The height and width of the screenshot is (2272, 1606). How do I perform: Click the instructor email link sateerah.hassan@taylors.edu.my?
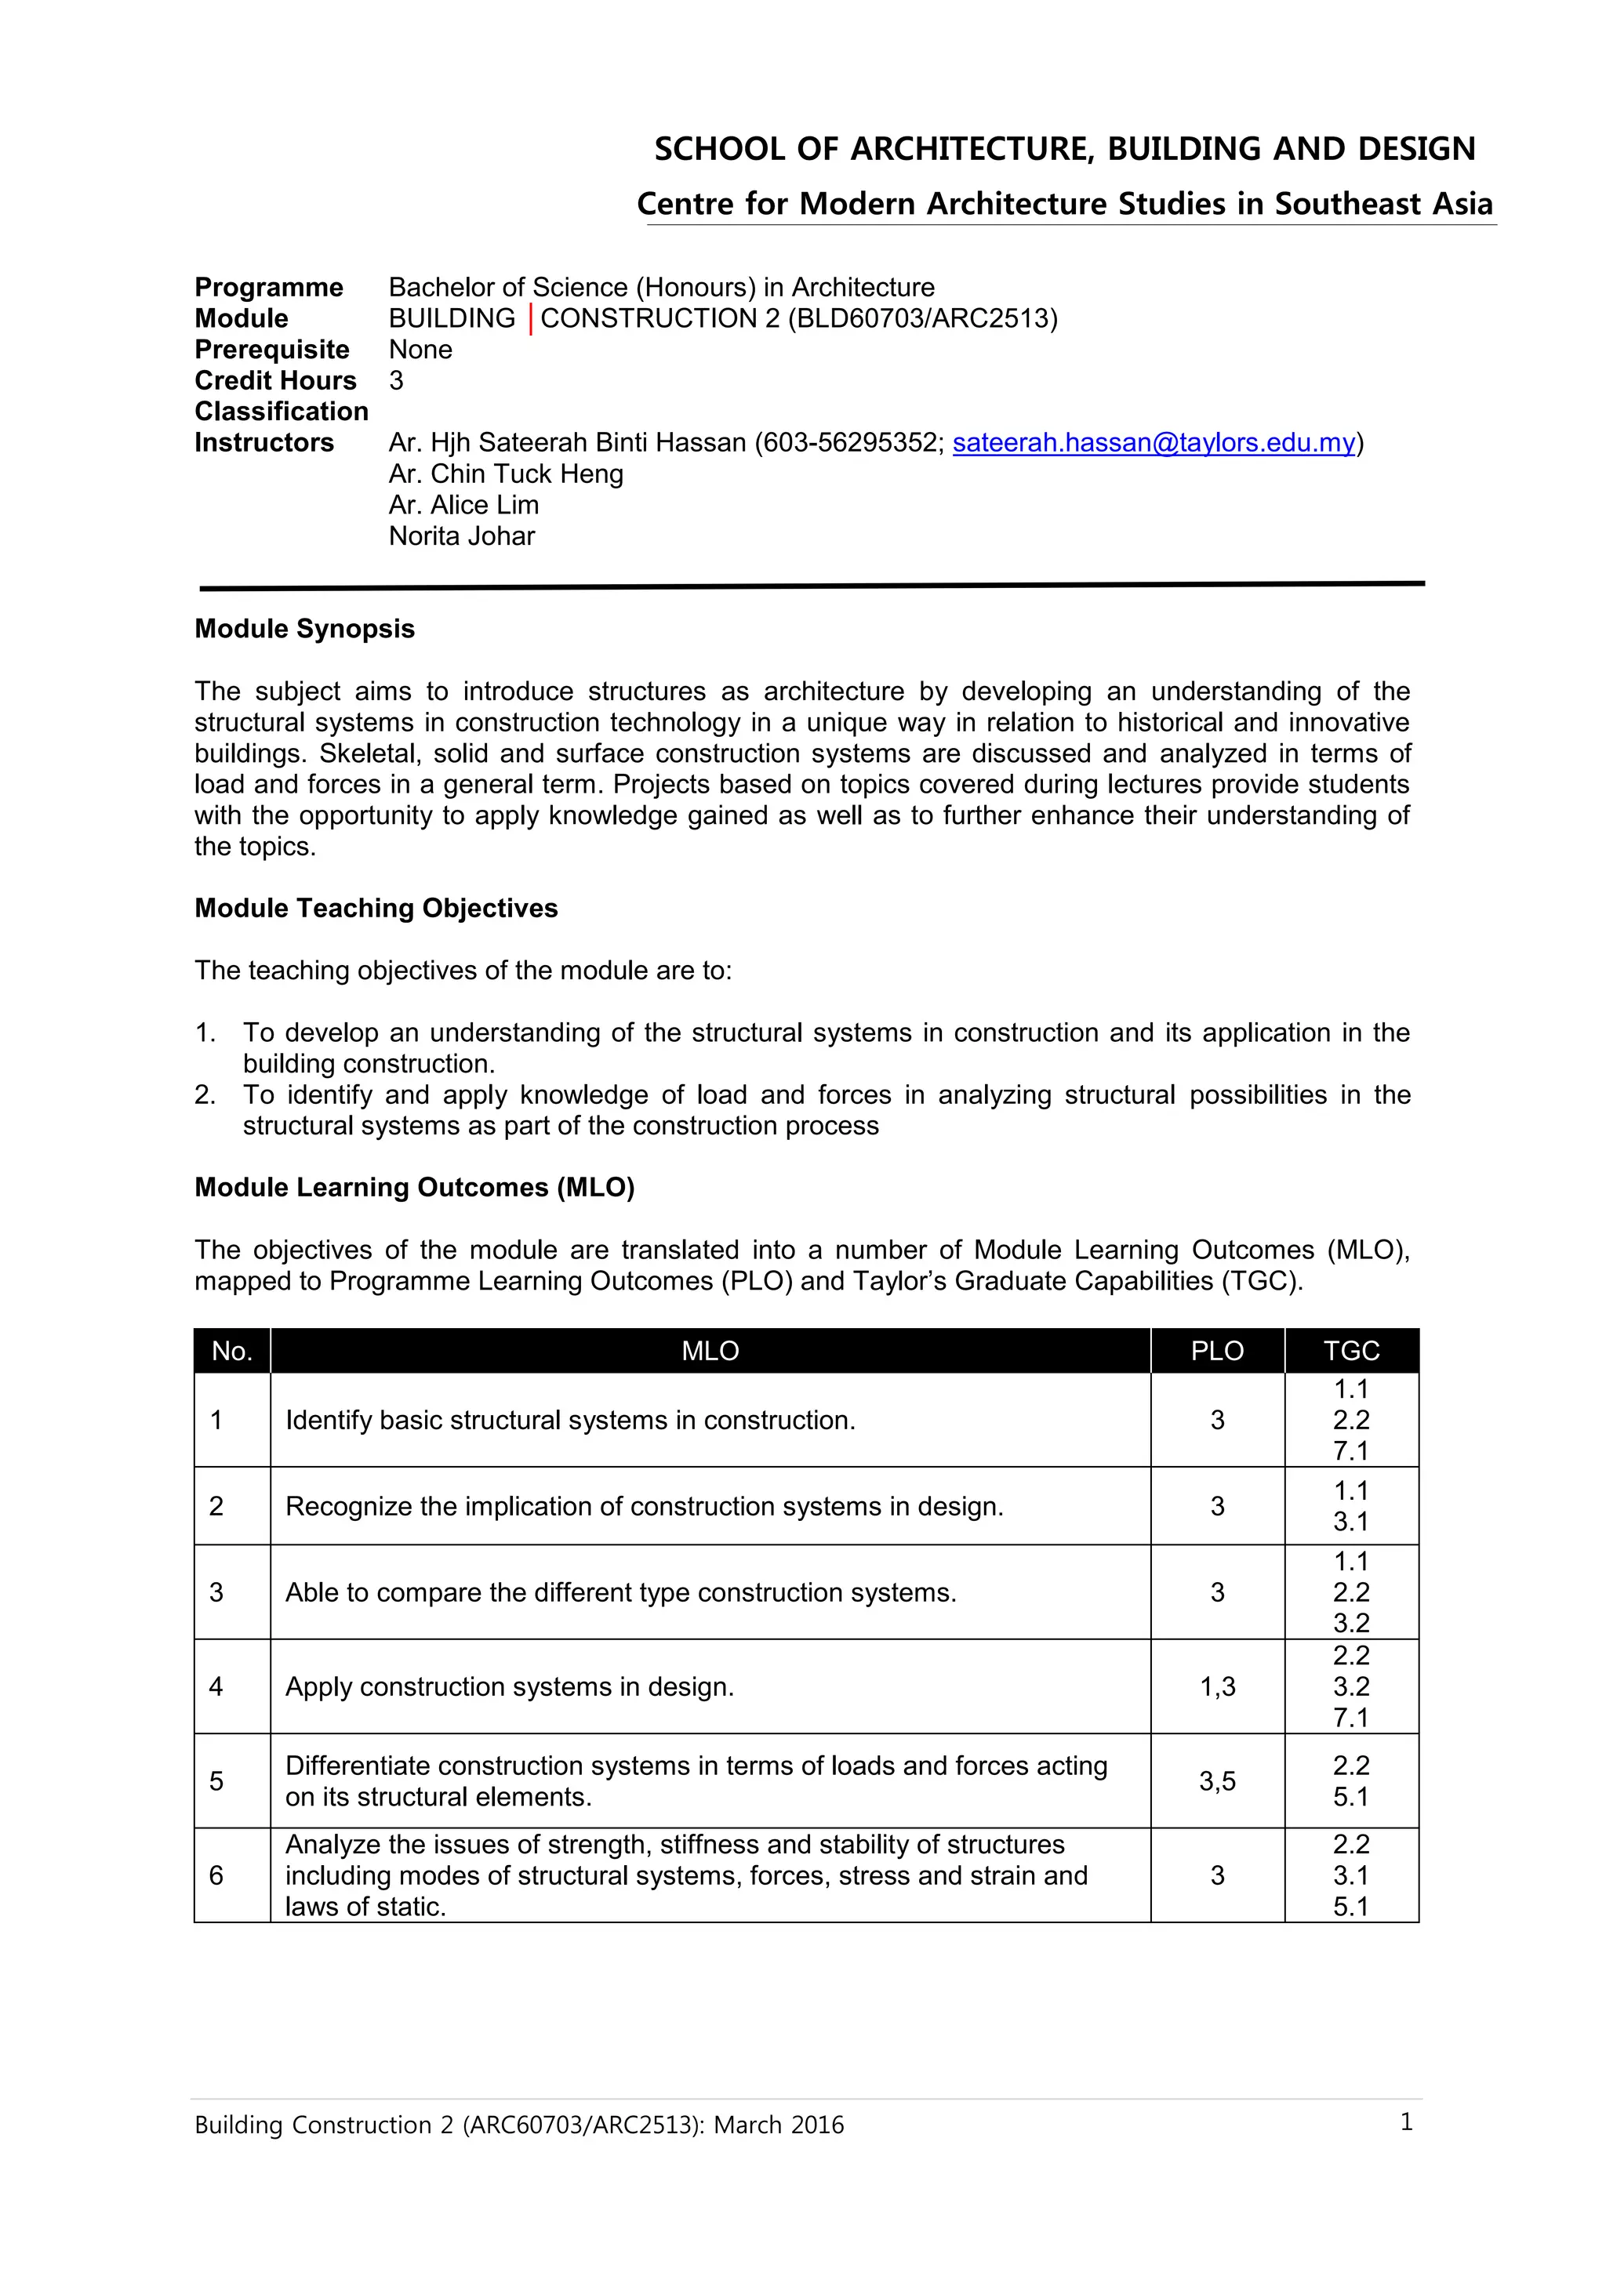[1153, 442]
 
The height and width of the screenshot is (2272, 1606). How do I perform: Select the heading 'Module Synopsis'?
[303, 630]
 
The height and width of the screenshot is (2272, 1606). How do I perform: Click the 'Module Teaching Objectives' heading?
[376, 909]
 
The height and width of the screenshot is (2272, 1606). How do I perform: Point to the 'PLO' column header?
[1216, 1351]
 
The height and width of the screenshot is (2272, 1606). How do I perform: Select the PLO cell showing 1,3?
[1217, 1686]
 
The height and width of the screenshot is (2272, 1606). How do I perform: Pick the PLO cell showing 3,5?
[1217, 1781]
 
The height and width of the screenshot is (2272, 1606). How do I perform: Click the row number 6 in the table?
[216, 1875]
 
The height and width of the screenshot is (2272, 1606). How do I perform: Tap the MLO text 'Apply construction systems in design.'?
[510, 1686]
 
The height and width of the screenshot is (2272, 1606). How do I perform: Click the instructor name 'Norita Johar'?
[461, 536]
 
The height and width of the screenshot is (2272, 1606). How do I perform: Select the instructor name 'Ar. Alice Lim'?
[463, 505]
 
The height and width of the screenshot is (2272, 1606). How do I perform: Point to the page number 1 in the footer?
[1405, 2121]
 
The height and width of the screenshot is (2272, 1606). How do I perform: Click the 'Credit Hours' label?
[275, 381]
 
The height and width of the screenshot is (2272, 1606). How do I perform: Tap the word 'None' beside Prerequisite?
[420, 350]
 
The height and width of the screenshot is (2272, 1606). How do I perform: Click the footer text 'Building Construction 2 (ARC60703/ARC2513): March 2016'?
[518, 2125]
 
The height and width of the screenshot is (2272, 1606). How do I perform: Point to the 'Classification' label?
[281, 412]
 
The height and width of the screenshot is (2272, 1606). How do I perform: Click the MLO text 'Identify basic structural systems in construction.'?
[570, 1420]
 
